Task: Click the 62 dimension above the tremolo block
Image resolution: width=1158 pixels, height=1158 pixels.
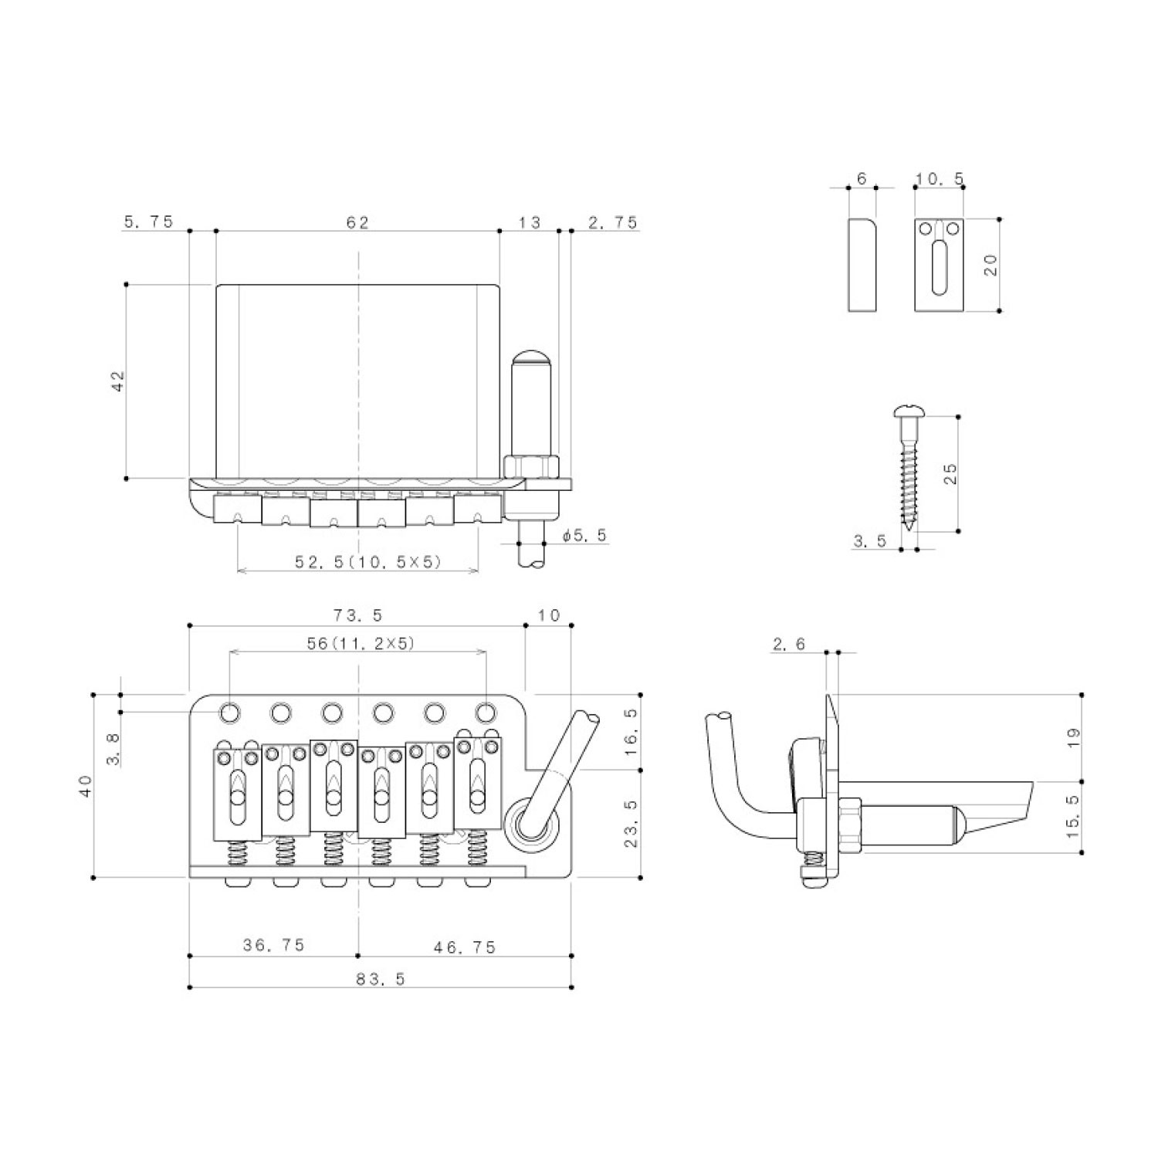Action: pyautogui.click(x=357, y=222)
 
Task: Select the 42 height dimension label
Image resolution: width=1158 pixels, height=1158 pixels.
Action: pyautogui.click(x=117, y=381)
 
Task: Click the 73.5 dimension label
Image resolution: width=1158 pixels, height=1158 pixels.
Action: pyautogui.click(x=357, y=615)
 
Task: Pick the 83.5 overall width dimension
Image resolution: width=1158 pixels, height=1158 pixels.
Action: pyautogui.click(x=381, y=979)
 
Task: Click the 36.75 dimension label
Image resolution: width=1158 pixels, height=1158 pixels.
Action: pyautogui.click(x=273, y=945)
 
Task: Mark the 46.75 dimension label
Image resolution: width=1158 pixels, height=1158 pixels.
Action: pyautogui.click(x=464, y=946)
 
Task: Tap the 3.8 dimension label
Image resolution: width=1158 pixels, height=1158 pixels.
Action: pyautogui.click(x=113, y=748)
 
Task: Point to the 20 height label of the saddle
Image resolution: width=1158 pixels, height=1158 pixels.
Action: pyautogui.click(x=992, y=265)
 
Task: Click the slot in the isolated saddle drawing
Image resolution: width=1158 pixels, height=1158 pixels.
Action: pyautogui.click(x=937, y=268)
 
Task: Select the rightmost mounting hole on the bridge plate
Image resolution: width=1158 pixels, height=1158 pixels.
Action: pyautogui.click(x=485, y=712)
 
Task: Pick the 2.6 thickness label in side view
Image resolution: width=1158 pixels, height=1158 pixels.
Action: pyautogui.click(x=788, y=644)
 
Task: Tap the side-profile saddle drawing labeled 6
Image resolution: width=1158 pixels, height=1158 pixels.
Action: pyautogui.click(x=862, y=265)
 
